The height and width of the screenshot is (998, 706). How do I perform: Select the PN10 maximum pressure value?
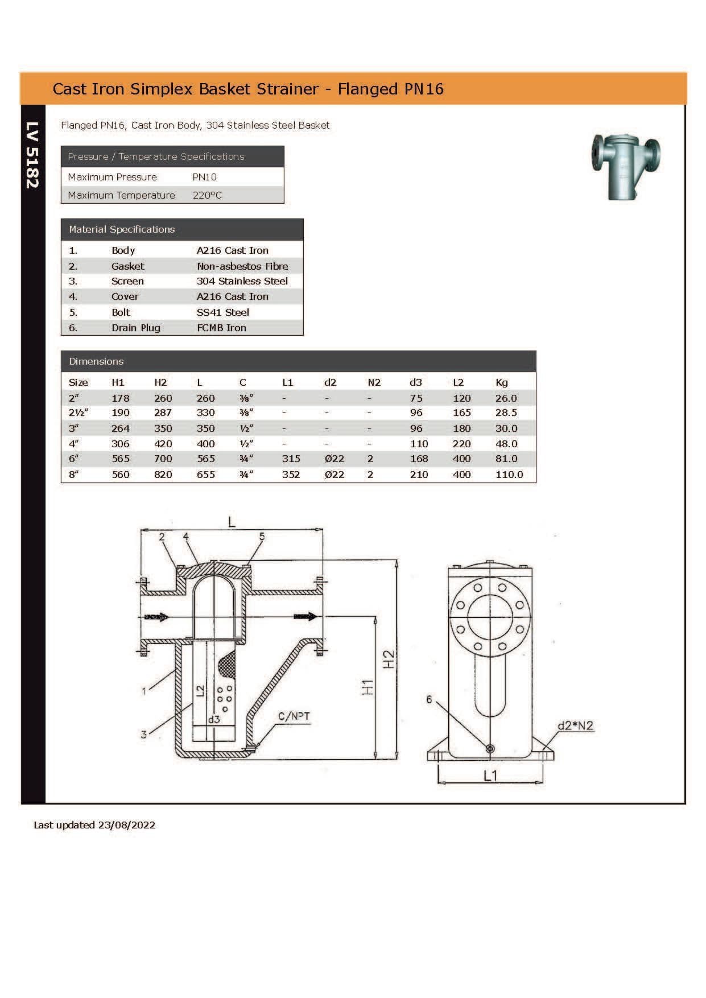point(204,177)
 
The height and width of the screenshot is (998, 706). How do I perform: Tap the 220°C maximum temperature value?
point(207,195)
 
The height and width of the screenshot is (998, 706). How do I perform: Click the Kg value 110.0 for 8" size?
point(509,474)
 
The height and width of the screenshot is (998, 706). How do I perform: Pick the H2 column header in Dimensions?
point(160,382)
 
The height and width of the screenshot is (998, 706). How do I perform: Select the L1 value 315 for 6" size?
point(291,459)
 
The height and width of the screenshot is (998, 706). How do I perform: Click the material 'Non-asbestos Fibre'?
point(242,266)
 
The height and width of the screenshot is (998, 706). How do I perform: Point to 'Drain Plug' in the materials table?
point(135,328)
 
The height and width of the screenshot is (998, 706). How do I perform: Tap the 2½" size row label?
point(79,413)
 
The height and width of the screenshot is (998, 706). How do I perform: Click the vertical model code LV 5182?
point(32,155)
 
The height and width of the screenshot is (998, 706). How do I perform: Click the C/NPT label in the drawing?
point(294,716)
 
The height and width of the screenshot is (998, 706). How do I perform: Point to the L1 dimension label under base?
point(490,776)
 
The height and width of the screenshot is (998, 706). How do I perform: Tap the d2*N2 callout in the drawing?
point(575,725)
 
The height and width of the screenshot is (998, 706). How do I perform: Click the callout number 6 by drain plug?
point(430,699)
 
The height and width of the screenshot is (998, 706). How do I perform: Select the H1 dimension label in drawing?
point(368,687)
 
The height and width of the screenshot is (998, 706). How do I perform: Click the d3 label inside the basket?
point(213,719)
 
